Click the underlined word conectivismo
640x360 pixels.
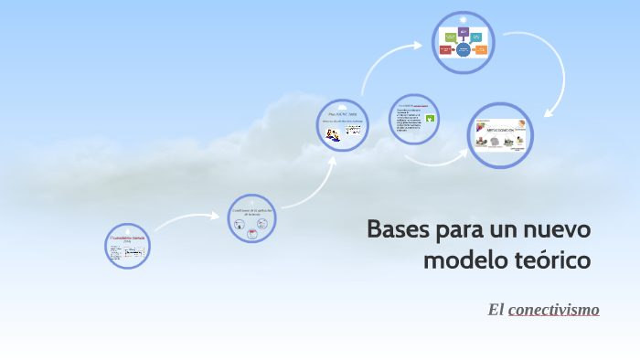pos(553,310)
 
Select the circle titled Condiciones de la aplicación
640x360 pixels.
pos(251,218)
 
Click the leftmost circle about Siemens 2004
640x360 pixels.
pos(127,246)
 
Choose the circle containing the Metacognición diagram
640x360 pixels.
pos(499,136)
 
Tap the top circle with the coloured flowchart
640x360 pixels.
pos(464,42)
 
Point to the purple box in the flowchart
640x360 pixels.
pos(464,32)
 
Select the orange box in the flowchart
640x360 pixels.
pos(481,49)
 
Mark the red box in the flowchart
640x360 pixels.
pos(445,49)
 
